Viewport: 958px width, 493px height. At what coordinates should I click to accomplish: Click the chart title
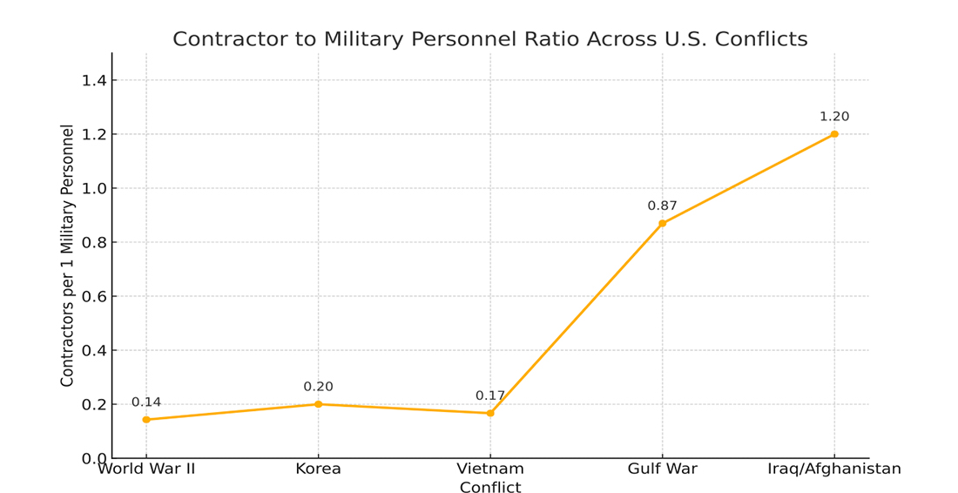(489, 39)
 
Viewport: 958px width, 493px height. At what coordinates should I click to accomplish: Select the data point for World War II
(146, 420)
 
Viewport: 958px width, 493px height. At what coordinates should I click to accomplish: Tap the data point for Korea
(318, 404)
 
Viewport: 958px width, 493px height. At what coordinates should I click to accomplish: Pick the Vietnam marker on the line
(490, 413)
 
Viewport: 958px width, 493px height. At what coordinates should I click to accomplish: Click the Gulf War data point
(662, 224)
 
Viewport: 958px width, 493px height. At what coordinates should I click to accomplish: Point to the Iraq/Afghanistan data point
(834, 134)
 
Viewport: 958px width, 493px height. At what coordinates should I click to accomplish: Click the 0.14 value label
(146, 402)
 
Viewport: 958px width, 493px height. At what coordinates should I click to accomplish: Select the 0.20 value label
(318, 387)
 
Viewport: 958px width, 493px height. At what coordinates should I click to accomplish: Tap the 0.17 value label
(490, 395)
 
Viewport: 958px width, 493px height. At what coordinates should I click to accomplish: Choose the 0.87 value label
(662, 206)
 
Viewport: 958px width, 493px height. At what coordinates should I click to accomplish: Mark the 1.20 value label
(834, 117)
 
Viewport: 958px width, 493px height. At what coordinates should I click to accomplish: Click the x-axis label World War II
(146, 469)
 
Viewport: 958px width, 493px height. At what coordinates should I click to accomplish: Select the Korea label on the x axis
(318, 469)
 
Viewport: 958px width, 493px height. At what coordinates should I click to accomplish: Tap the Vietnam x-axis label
(490, 469)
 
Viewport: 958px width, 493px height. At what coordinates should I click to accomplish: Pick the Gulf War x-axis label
(662, 469)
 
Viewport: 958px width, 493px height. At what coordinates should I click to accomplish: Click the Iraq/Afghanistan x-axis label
(834, 469)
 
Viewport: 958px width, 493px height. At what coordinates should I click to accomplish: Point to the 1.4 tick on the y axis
(93, 81)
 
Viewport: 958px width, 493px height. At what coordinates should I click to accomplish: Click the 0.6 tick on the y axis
(93, 297)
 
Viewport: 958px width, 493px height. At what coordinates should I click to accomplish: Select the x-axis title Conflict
(490, 488)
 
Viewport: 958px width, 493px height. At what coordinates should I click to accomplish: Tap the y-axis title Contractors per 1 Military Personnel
(68, 255)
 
